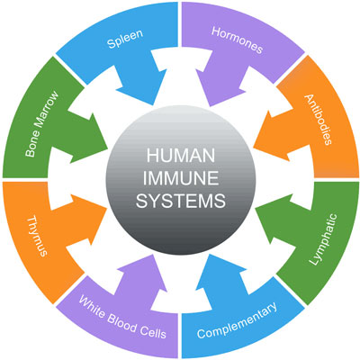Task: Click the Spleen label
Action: [x=125, y=42]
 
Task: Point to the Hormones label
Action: [x=237, y=44]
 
